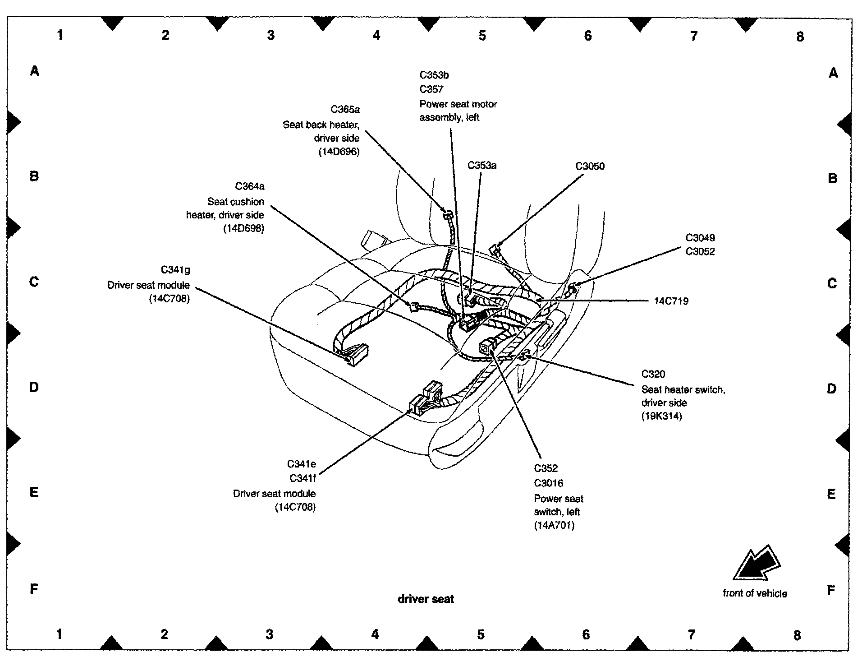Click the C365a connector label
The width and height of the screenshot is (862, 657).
(x=345, y=110)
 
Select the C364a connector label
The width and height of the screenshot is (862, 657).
(x=250, y=186)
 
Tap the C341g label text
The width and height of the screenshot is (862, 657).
(x=175, y=270)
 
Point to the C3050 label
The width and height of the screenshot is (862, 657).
(x=590, y=166)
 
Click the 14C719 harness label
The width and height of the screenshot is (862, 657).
(x=671, y=301)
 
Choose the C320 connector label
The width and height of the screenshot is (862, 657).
(x=653, y=374)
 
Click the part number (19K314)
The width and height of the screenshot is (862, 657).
(x=661, y=416)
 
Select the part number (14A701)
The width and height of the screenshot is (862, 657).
(x=554, y=525)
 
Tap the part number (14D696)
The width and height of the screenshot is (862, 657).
(x=339, y=152)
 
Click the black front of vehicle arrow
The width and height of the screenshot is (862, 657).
(x=756, y=565)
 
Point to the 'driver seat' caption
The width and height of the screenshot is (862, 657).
(x=426, y=599)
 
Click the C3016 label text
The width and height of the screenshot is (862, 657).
(x=548, y=483)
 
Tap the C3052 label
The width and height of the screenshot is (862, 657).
(x=700, y=252)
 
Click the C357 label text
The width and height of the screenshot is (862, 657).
(x=431, y=89)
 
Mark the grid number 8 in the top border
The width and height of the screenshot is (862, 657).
(x=800, y=37)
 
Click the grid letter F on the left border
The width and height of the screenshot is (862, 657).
(x=34, y=589)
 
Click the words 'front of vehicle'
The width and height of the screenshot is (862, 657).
(x=755, y=594)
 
